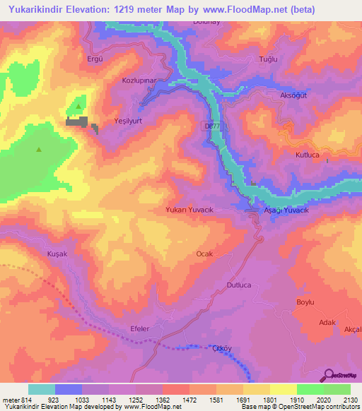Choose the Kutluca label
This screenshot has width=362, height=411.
(x=308, y=153)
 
